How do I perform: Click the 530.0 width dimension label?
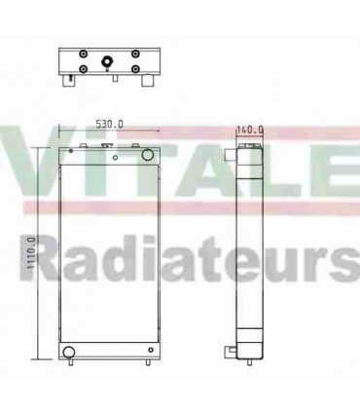pyautogui.click(x=109, y=124)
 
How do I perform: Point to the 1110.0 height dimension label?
pyautogui.click(x=32, y=255)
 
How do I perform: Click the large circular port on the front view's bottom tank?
pyautogui.click(x=68, y=351)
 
